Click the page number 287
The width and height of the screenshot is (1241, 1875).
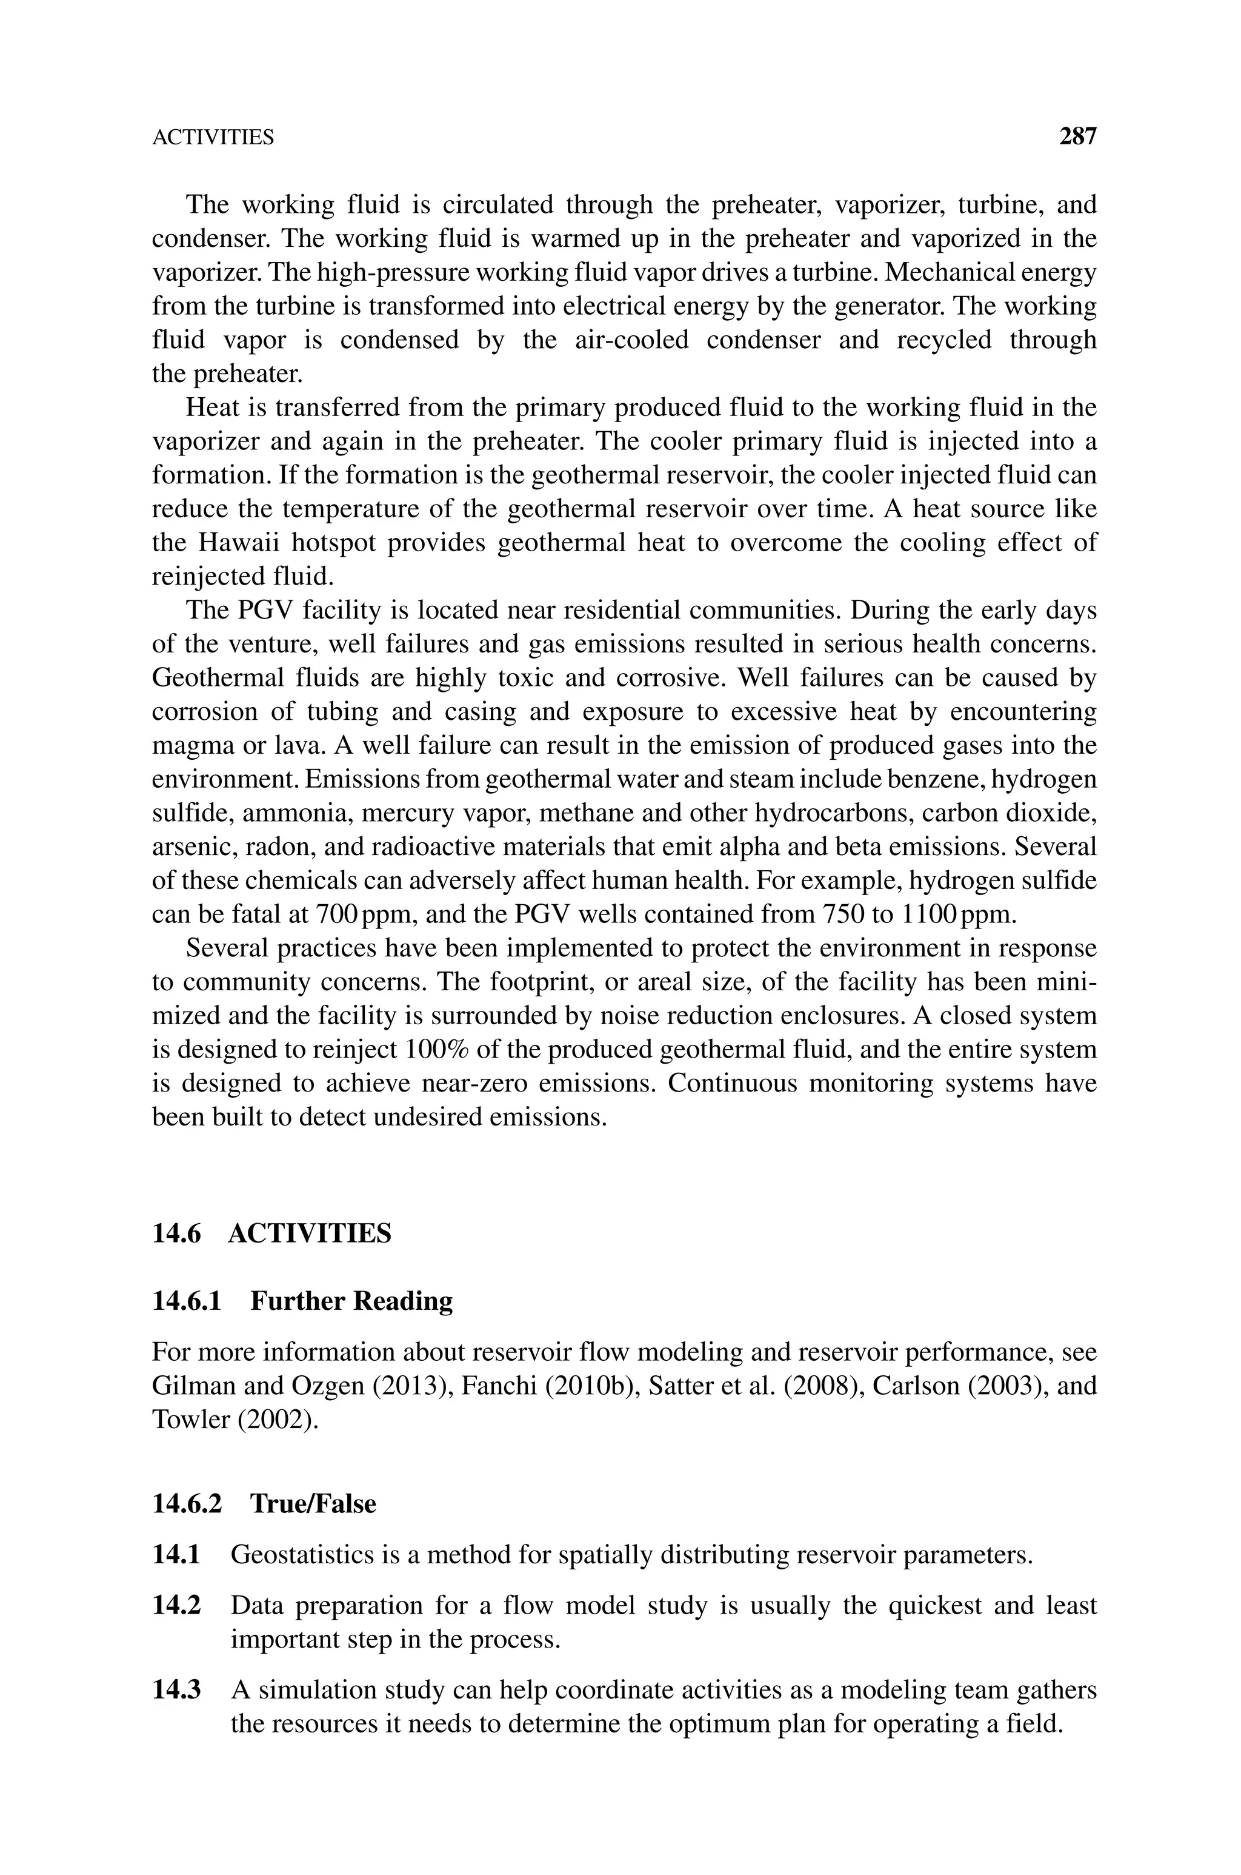coord(1077,137)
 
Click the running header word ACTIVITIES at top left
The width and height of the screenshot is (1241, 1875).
coord(213,138)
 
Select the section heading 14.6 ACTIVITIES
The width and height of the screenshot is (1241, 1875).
coord(271,1233)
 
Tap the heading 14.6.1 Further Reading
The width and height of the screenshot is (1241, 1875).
coord(302,1301)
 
